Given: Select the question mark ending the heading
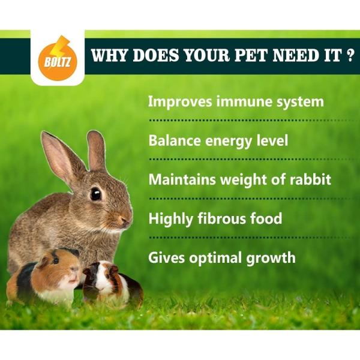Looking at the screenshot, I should tap(349, 56).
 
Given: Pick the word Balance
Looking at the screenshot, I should tap(175, 141).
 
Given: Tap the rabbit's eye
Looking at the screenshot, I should tap(95, 194).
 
